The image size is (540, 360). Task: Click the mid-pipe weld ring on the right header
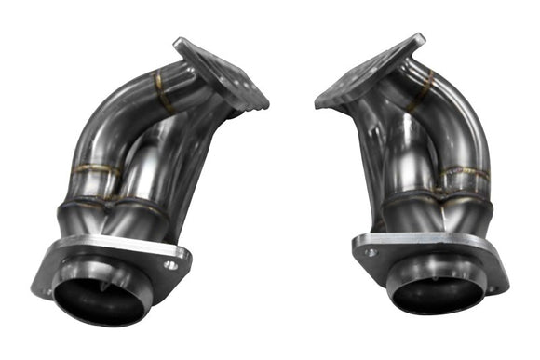[464, 174]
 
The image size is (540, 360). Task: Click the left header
[130, 186]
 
